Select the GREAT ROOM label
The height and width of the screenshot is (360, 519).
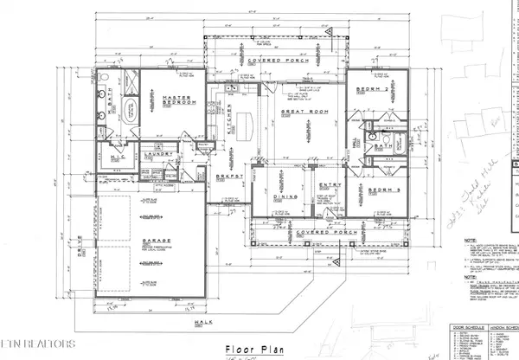303,112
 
